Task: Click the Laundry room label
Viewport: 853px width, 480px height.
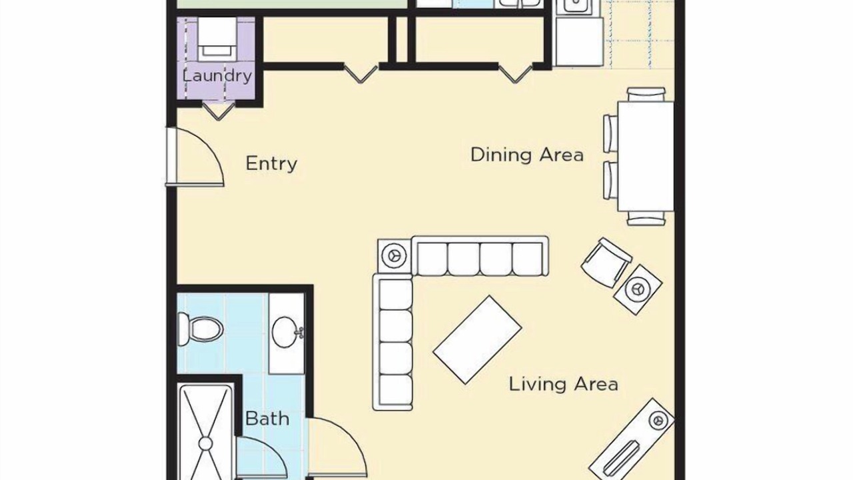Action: [x=217, y=76]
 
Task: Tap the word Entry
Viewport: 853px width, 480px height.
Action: [x=271, y=164]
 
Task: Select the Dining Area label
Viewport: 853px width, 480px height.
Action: [x=527, y=155]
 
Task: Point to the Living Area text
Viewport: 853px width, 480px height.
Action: [x=563, y=384]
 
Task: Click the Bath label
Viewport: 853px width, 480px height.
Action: [x=267, y=419]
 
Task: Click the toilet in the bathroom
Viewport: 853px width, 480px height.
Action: [x=200, y=329]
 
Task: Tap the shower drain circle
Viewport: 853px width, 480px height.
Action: [x=206, y=444]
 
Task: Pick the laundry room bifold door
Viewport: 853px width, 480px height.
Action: [x=218, y=111]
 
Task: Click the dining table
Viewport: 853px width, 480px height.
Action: [x=646, y=156]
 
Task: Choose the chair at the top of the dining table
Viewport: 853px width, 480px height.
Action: [x=646, y=94]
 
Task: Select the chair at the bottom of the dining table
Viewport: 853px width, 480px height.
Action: [x=646, y=218]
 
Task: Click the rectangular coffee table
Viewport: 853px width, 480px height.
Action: [x=478, y=340]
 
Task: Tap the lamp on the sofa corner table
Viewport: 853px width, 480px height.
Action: [x=394, y=255]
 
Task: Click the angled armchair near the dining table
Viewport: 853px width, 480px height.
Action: [x=606, y=263]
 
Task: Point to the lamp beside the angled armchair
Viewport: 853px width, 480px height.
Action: [x=638, y=289]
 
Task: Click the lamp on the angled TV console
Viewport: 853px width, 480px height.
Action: [x=658, y=421]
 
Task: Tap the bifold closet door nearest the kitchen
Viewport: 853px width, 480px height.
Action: [x=515, y=73]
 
